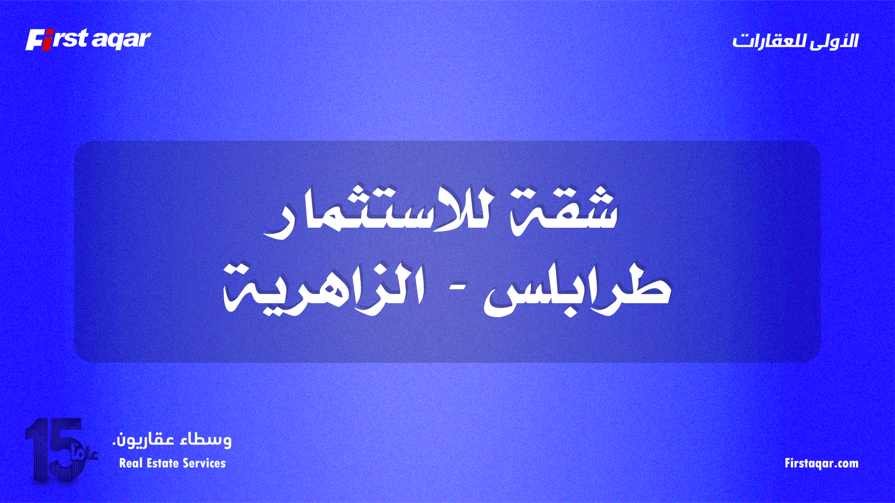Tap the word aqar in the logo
(121, 41)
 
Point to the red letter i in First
(47, 41)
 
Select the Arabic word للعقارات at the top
(769, 41)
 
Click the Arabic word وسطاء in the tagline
(206, 440)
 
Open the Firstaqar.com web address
(821, 463)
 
